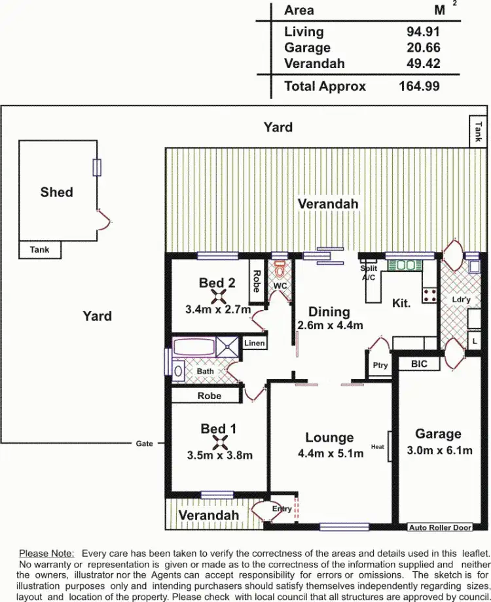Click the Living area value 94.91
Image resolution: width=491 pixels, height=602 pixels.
click(423, 31)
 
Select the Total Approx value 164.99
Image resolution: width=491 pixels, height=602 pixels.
click(419, 86)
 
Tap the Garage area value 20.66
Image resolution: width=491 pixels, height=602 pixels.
click(423, 48)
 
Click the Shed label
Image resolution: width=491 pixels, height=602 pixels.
click(56, 192)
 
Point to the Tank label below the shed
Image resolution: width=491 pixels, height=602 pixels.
click(39, 250)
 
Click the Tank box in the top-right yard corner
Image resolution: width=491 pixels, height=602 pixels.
click(479, 132)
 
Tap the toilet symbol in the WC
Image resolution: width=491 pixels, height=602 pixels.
click(280, 270)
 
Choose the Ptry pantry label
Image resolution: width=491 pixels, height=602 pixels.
click(380, 366)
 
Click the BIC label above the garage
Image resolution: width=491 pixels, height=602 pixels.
click(419, 364)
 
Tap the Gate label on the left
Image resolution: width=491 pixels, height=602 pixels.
click(145, 444)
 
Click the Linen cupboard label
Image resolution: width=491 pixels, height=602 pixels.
click(254, 343)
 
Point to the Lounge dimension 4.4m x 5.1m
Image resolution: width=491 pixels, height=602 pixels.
click(330, 453)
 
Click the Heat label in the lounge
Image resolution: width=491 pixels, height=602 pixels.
click(378, 447)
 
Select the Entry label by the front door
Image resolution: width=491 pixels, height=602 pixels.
click(282, 508)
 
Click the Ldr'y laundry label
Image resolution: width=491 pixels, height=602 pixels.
click(462, 300)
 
